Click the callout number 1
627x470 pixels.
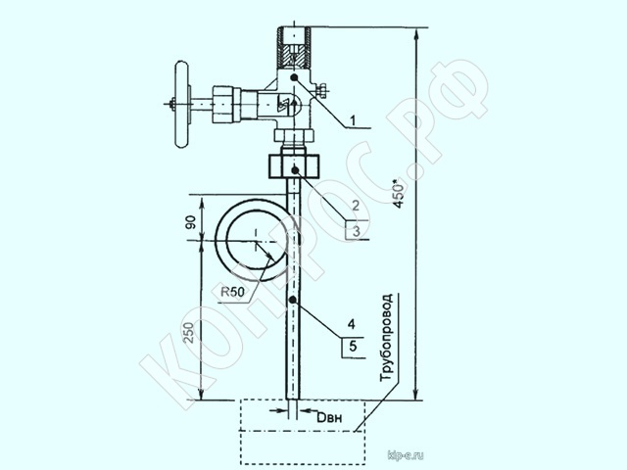coord(353,119)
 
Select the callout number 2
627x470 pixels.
coord(355,206)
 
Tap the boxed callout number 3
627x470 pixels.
coord(356,231)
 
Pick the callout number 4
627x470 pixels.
coord(352,324)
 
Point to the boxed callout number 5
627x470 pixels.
coord(353,346)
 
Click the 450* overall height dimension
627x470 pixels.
coord(399,194)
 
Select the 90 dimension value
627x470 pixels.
coord(191,222)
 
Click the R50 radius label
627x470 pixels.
coord(233,292)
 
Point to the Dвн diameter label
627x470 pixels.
coord(329,418)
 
